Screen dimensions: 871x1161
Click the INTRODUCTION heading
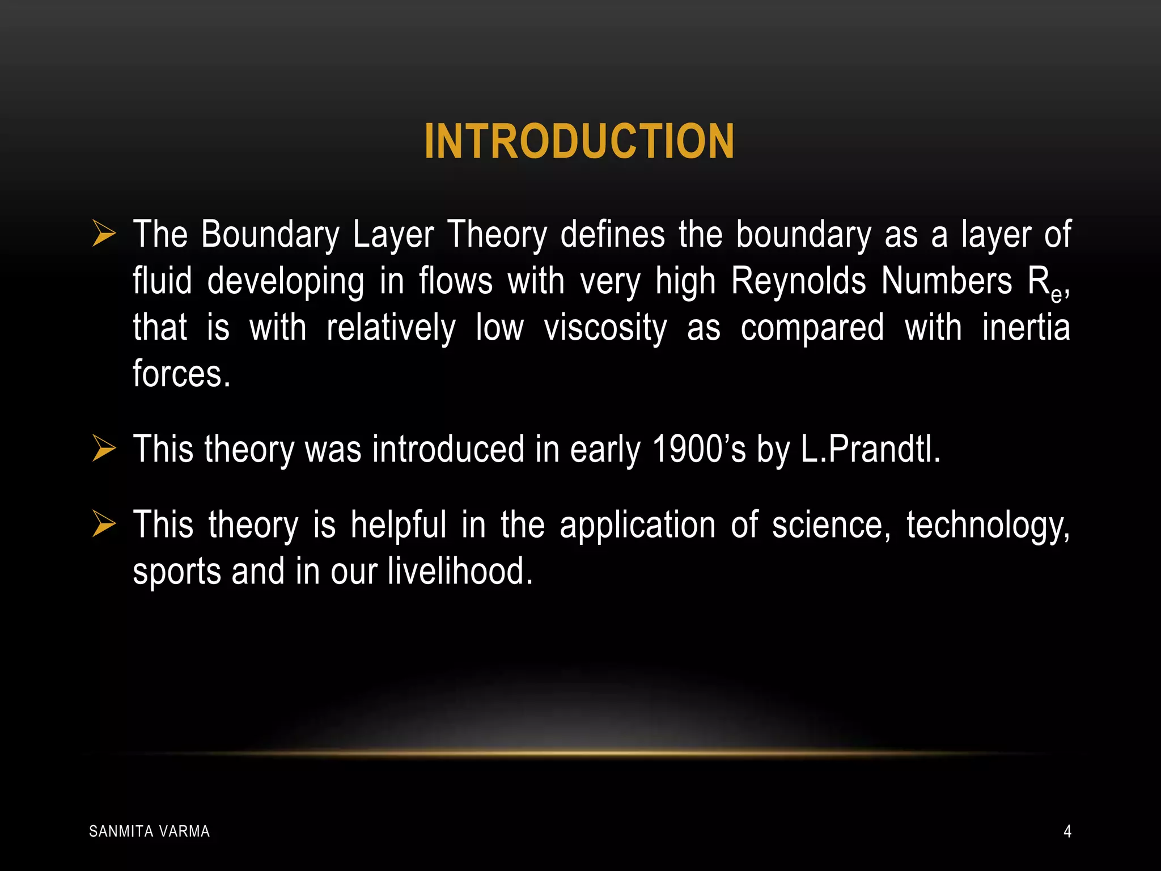pos(579,141)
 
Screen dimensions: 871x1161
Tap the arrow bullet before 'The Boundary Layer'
pos(104,234)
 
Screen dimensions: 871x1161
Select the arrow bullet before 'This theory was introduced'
pos(104,449)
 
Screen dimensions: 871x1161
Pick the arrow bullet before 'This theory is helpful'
pos(104,524)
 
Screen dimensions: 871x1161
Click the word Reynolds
pos(798,281)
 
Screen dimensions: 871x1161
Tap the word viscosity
pos(605,328)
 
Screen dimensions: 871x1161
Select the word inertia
pos(1026,327)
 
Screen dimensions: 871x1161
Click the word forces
pos(181,374)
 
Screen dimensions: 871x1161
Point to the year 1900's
pos(698,449)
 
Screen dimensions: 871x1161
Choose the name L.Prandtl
pos(870,449)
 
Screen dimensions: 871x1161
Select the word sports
pos(177,572)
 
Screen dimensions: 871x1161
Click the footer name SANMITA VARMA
pos(150,831)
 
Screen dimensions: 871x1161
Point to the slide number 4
pos(1067,831)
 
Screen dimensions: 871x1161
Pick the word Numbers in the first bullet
pos(946,281)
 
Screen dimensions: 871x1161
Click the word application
pos(638,525)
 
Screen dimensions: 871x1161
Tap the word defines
pos(612,234)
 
